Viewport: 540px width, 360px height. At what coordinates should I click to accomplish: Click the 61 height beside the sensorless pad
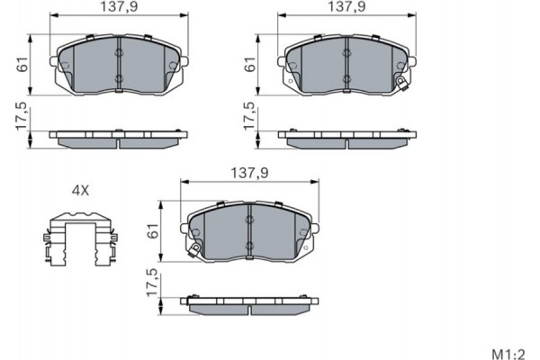coord(21,65)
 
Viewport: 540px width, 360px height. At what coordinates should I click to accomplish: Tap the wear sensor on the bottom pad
coord(191,249)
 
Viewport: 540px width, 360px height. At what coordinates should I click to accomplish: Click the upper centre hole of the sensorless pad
coord(119,53)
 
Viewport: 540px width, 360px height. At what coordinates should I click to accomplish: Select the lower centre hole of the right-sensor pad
coord(347,79)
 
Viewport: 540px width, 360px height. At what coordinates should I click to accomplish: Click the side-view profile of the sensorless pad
coord(119,139)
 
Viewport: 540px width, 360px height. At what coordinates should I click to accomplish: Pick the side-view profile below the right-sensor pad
coord(347,139)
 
